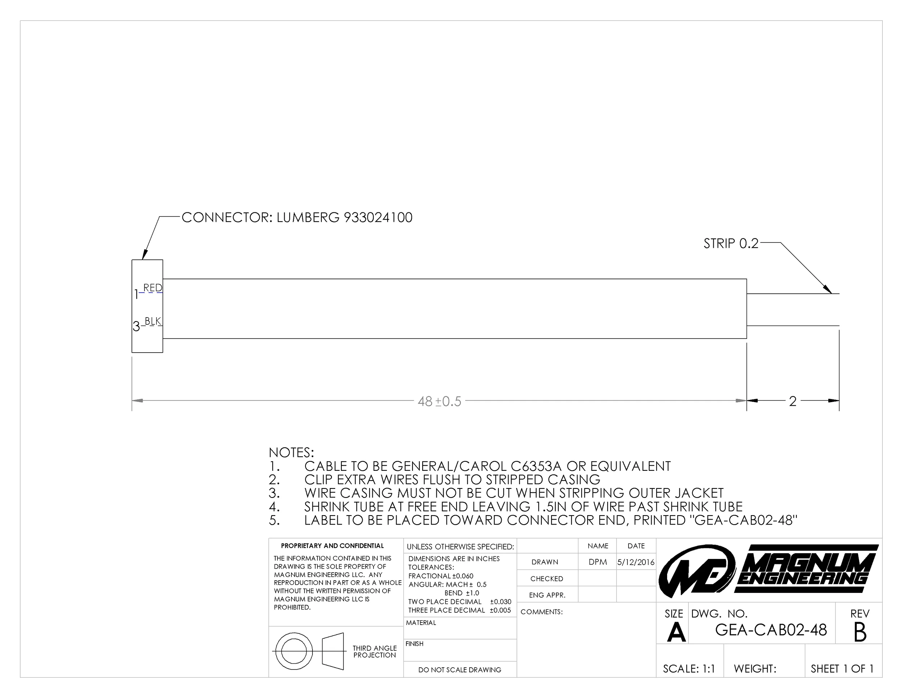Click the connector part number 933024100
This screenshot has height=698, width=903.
click(x=378, y=217)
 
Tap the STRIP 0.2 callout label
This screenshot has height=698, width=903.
click(x=731, y=244)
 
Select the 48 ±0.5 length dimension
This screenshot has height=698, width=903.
click(x=439, y=401)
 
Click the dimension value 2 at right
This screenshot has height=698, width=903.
click(x=792, y=401)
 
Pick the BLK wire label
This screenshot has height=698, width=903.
click(x=152, y=321)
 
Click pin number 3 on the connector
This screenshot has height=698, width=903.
click(x=136, y=327)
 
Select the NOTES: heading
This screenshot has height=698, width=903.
click(x=291, y=452)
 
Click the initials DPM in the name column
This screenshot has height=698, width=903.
click(x=597, y=562)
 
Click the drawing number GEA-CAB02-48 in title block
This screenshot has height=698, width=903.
click(x=771, y=630)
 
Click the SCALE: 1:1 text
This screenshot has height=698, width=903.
click(x=689, y=669)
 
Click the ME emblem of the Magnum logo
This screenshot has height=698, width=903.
click(x=697, y=572)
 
